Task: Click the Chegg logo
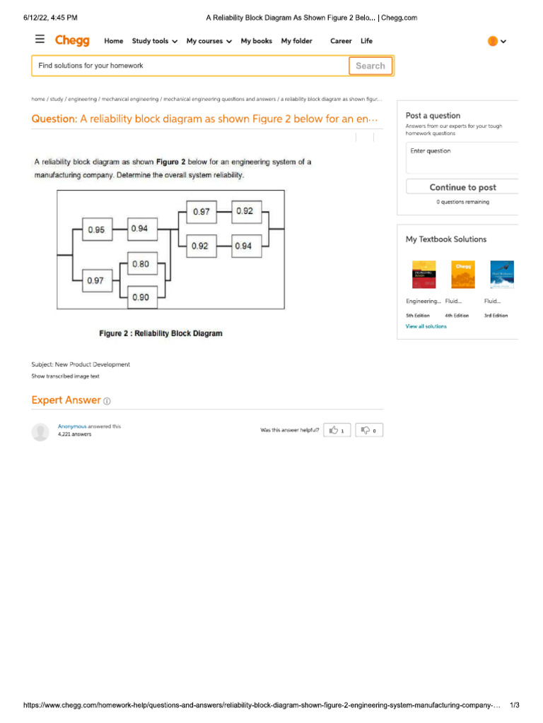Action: pos(72,41)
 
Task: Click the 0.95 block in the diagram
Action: pos(96,229)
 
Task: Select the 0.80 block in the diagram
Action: pos(140,264)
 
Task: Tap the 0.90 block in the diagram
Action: pos(140,297)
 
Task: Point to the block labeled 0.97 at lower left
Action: pos(95,280)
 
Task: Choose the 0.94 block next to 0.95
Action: pos(139,228)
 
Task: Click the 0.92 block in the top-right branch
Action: pos(245,211)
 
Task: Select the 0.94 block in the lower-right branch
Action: pos(243,246)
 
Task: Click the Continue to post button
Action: pos(462,187)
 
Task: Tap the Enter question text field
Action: pos(462,157)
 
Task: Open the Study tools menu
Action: pos(154,41)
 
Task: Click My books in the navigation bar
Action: pos(256,41)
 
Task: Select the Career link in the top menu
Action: pos(340,41)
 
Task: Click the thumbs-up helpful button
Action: pos(337,430)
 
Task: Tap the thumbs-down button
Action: pos(369,430)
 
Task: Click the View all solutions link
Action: pos(426,326)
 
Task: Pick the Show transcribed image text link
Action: pos(65,376)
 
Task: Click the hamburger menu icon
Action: pos(40,40)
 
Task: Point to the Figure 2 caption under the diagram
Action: pos(160,333)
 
